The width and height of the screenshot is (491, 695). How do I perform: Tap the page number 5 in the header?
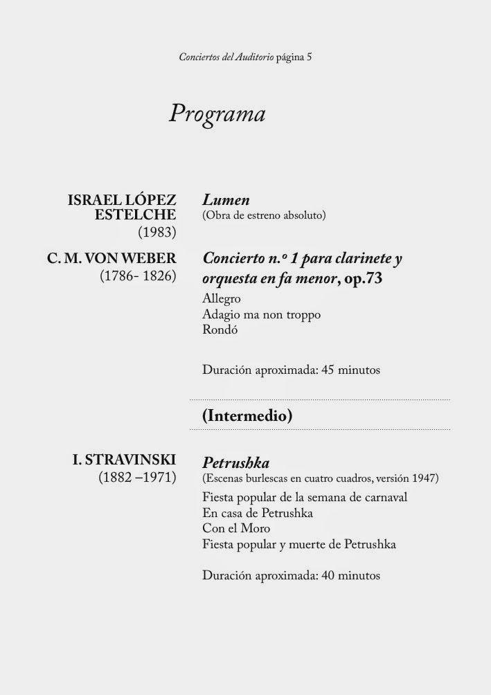[309, 57]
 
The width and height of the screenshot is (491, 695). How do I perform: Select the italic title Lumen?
[226, 200]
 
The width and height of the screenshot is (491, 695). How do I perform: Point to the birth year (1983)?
[157, 231]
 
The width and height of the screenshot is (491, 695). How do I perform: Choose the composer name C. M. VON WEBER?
[111, 259]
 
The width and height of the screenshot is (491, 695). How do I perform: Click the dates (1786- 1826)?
[138, 276]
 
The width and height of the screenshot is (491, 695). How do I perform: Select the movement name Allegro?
[222, 299]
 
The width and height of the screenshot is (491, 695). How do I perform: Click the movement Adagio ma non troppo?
[261, 315]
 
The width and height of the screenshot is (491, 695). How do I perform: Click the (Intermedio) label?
[247, 416]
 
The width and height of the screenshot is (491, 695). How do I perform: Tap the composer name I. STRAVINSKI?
[124, 460]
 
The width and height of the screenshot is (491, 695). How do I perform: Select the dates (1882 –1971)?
[137, 478]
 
